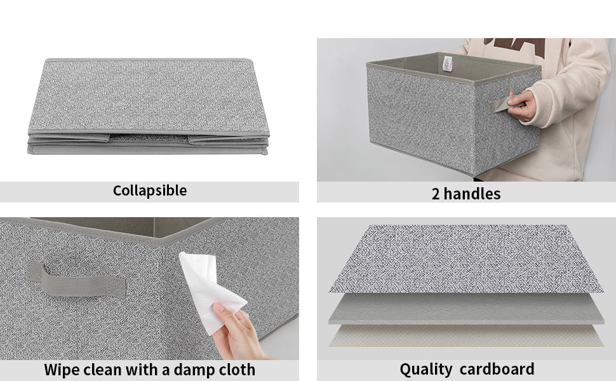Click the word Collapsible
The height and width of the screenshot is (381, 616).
click(150, 191)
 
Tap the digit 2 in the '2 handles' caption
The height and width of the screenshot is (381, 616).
click(436, 194)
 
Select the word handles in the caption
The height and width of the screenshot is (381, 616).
click(472, 194)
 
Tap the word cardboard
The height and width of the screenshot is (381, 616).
click(497, 369)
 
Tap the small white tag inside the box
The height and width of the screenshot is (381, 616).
click(448, 64)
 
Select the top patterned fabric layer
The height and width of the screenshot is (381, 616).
click(466, 259)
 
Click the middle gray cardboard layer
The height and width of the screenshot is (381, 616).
click(466, 309)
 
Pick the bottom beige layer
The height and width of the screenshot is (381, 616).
click(466, 335)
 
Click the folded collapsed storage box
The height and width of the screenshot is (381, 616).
click(149, 106)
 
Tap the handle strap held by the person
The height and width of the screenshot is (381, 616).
click(504, 104)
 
